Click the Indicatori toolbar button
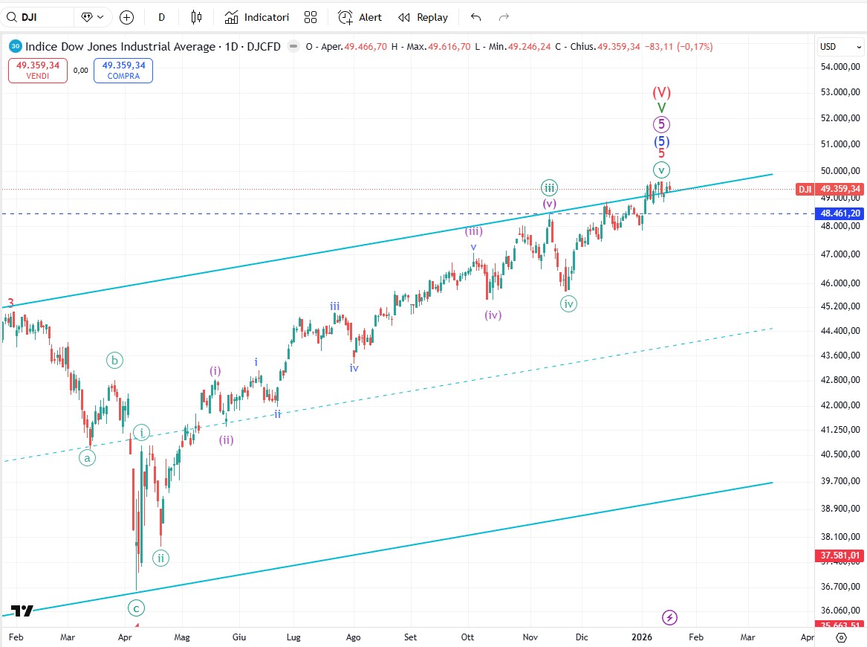[x=256, y=17]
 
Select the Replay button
[x=423, y=17]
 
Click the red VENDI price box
[x=38, y=71]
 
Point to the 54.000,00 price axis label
[x=840, y=67]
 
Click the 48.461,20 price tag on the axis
[x=840, y=213]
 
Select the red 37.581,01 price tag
[x=840, y=555]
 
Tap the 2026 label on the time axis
[x=641, y=637]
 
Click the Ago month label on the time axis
[x=354, y=637]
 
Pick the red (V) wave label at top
[x=661, y=93]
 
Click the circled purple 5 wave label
[x=661, y=125]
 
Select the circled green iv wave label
[x=568, y=303]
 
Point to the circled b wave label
[x=114, y=361]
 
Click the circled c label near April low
[x=136, y=608]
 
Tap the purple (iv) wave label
[x=493, y=315]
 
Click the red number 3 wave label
[x=10, y=303]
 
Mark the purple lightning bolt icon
[x=669, y=617]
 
